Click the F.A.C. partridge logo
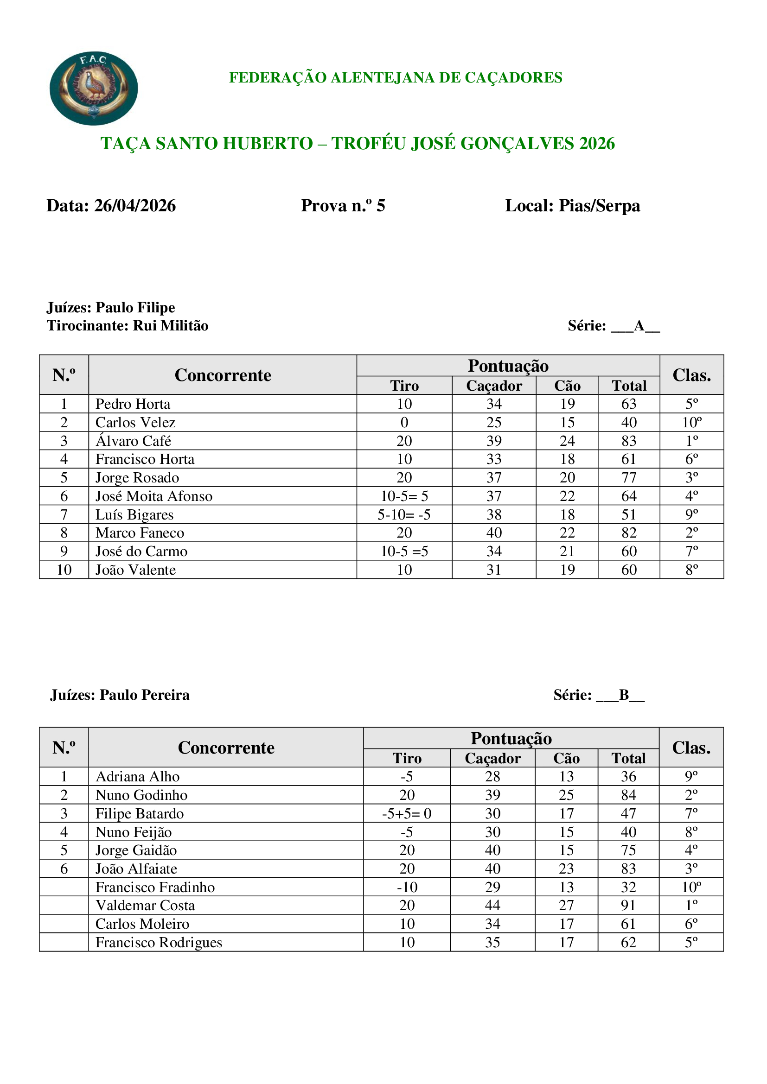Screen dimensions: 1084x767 click(x=94, y=89)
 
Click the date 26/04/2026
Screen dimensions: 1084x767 click(x=134, y=206)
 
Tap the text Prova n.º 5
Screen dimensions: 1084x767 click(x=343, y=206)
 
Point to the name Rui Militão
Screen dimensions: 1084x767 click(x=171, y=326)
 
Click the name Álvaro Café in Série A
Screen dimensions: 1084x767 click(x=133, y=441)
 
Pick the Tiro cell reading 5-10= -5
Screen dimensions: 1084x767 click(x=404, y=514)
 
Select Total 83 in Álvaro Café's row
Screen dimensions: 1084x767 click(x=629, y=441)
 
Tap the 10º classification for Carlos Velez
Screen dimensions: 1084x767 click(x=691, y=423)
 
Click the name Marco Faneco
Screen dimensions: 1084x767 click(x=140, y=533)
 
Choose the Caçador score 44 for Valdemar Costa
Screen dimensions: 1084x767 click(x=492, y=906)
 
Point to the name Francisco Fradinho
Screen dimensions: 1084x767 click(x=155, y=887)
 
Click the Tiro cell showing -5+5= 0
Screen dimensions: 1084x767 click(x=407, y=813)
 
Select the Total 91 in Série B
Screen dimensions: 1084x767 click(x=628, y=906)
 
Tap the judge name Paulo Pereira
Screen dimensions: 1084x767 click(x=145, y=695)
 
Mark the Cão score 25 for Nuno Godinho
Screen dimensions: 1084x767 click(x=566, y=795)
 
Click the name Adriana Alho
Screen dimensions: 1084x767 click(x=137, y=777)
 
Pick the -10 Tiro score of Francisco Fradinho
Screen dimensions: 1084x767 click(x=407, y=887)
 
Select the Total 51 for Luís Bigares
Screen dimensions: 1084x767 click(x=629, y=514)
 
